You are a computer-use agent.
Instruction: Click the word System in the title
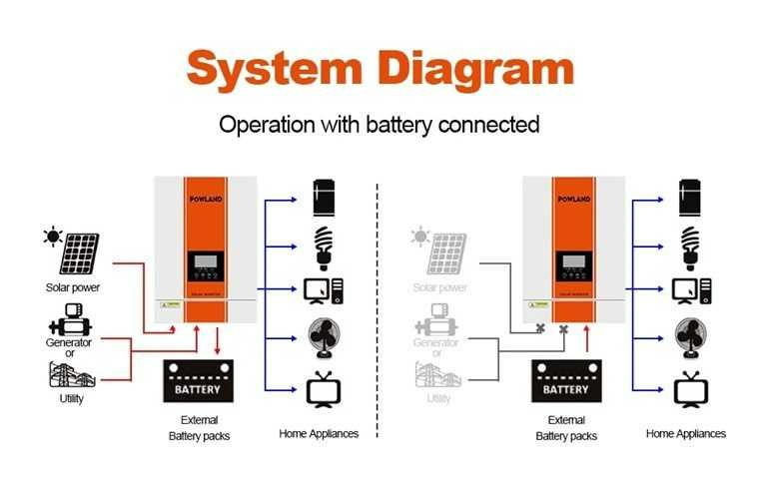[272, 68]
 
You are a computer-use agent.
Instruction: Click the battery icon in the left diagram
[198, 382]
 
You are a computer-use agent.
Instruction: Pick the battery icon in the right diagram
[565, 382]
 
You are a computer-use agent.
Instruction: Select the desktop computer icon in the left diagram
[324, 290]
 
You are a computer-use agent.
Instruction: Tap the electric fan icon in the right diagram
[689, 337]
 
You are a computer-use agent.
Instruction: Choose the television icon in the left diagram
[323, 389]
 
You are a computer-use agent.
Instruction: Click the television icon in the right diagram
[689, 389]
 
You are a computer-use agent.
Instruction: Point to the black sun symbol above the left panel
[50, 237]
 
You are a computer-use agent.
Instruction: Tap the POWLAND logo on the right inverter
[574, 200]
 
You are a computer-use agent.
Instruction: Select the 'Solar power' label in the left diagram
[73, 288]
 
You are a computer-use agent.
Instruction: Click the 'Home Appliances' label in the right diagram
[686, 434]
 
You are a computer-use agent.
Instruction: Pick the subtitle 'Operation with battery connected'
[380, 125]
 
